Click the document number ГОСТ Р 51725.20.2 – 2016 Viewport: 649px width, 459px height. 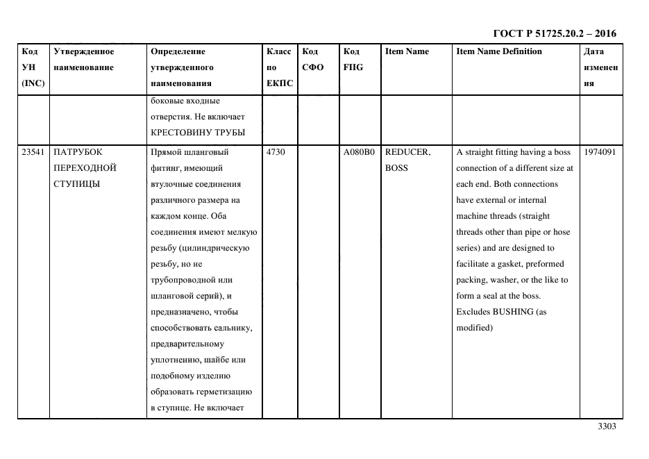point(554,33)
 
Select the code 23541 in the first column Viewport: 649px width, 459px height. point(33,152)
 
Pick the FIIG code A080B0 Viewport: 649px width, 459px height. point(359,152)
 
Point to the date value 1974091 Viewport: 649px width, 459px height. point(600,152)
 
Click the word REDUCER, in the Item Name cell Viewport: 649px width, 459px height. point(407,152)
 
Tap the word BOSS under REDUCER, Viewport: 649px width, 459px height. point(396,168)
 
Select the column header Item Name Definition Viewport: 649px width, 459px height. point(499,51)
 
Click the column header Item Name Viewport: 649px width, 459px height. point(407,51)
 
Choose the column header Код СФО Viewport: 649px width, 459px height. point(312,60)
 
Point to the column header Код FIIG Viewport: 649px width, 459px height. point(353,60)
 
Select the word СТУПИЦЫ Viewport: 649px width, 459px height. point(76,184)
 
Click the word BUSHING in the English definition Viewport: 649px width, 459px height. point(513,312)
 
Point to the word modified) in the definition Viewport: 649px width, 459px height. point(474,328)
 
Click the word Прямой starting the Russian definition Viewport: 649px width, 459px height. point(167,152)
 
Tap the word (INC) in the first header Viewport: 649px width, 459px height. point(33,83)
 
